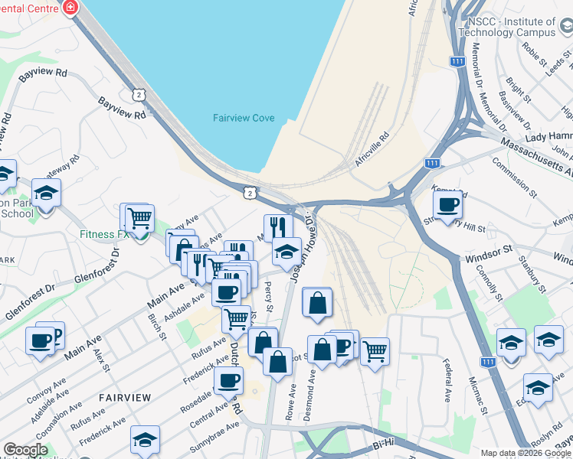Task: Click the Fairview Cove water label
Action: point(244,118)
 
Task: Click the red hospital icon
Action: point(70,8)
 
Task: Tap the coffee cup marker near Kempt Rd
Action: point(447,203)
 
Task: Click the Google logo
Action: point(25,450)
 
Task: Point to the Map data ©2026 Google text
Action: point(526,453)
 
